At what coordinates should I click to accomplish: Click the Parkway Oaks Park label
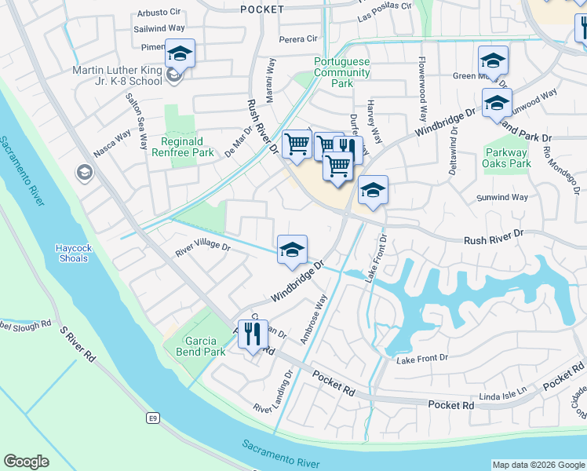(508, 159)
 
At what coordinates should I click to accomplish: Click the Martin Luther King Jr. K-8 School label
(117, 76)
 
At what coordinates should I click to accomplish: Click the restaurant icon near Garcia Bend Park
(253, 334)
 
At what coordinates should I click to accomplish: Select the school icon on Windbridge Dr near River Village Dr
(292, 250)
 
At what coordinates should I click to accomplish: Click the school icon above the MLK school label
(180, 53)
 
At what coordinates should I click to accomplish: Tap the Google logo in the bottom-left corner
(26, 462)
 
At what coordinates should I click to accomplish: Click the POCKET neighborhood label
(261, 9)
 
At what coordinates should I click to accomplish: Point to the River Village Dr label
(203, 247)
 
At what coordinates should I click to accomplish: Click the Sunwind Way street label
(502, 198)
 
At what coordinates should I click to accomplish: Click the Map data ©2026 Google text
(538, 465)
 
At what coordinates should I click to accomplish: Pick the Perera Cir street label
(298, 38)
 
